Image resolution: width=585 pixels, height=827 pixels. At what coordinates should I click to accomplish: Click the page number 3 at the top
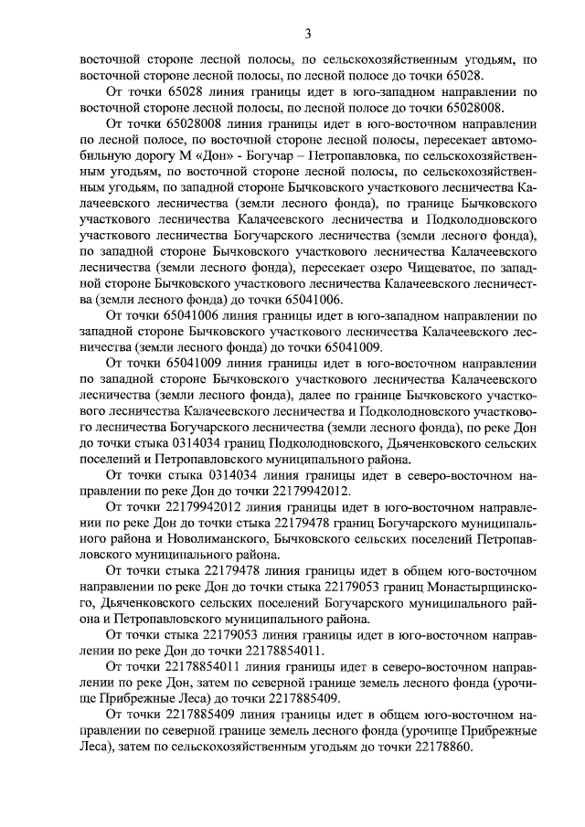point(308,35)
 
